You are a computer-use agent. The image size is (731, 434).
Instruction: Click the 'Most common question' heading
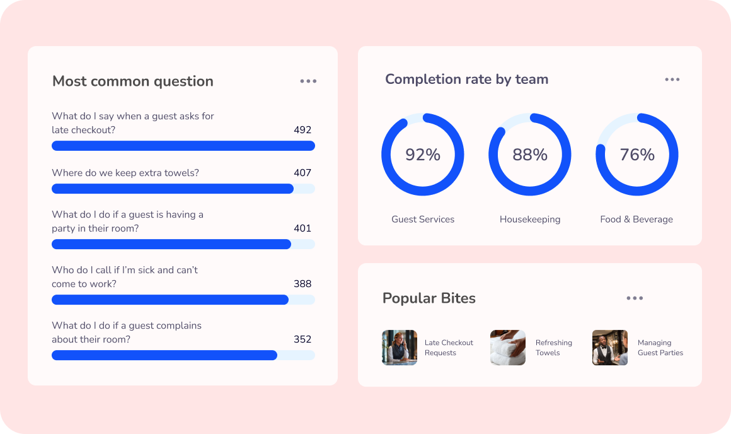[x=132, y=81]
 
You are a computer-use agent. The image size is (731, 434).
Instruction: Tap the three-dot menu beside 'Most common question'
[x=308, y=81]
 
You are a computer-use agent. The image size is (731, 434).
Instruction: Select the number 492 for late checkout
[x=302, y=130]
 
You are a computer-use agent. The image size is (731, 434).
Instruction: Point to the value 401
[x=302, y=228]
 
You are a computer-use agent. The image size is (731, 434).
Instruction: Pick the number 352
[x=302, y=339]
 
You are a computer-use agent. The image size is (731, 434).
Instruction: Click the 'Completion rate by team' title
[x=466, y=79]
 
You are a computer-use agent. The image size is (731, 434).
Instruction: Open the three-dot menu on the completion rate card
[x=672, y=79]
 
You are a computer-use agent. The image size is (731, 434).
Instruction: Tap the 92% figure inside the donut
[x=423, y=155]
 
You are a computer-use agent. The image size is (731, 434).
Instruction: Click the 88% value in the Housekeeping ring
[x=530, y=155]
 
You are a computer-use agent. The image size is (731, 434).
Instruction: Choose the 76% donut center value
[x=637, y=155]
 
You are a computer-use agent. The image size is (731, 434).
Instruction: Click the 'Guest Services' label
[x=423, y=220]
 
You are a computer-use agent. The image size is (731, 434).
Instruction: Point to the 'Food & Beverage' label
[x=636, y=220]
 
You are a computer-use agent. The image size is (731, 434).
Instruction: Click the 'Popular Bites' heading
[x=429, y=298]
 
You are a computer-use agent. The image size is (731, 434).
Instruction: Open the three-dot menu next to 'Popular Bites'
[x=635, y=298]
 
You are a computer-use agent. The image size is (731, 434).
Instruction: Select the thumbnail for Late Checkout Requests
[x=400, y=348]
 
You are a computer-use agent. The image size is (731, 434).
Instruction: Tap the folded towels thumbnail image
[x=508, y=348]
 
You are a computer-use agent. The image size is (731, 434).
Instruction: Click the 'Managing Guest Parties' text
[x=660, y=348]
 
